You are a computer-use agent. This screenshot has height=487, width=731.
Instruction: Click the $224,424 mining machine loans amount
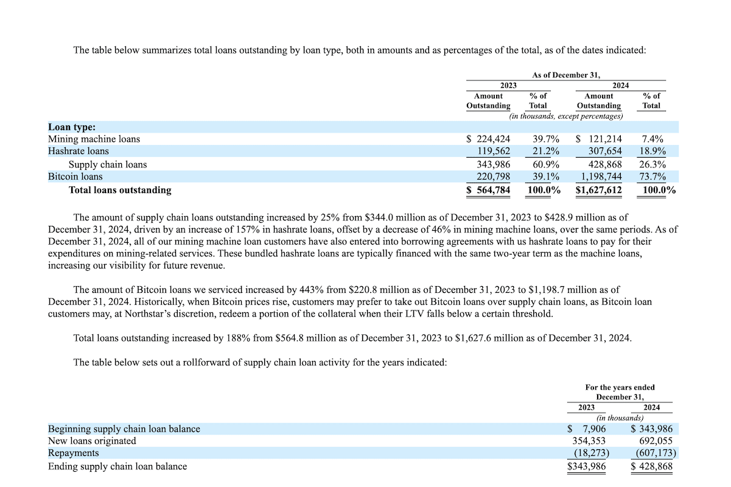tap(489, 139)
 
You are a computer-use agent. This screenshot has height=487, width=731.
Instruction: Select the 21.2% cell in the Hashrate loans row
tap(538, 152)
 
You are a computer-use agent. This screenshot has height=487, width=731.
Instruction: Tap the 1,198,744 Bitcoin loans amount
tap(600, 177)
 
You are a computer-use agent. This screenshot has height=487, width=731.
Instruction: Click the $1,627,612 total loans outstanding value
tap(599, 190)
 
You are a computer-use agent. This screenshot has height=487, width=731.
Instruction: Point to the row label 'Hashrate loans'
tap(79, 152)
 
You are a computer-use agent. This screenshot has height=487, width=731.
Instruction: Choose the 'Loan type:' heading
tap(72, 127)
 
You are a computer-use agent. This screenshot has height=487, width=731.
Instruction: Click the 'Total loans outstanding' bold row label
tap(120, 190)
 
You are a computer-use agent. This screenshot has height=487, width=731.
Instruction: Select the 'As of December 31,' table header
tap(566, 75)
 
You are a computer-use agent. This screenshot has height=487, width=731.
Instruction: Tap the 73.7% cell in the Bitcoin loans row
tap(651, 177)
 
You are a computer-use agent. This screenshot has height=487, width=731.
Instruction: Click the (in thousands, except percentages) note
tap(566, 116)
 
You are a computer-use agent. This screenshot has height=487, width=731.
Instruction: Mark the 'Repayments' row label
tap(74, 454)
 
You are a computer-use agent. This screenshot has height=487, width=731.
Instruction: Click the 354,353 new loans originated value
tap(589, 441)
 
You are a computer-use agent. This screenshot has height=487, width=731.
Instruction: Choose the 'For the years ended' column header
tap(620, 387)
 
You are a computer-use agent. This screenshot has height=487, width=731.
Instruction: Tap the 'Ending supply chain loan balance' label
tap(117, 466)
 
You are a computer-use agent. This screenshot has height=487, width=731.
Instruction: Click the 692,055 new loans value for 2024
tap(655, 441)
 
